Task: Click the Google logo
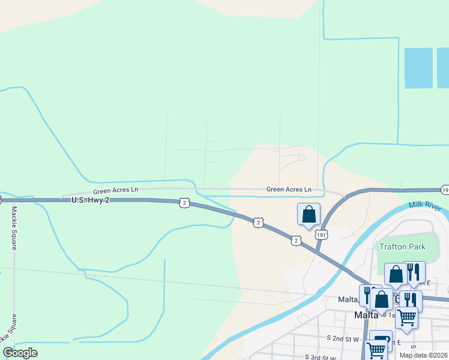click(x=20, y=353)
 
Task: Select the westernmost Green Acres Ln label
click(x=115, y=190)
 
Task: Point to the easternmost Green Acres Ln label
click(x=289, y=190)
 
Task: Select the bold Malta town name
click(x=366, y=315)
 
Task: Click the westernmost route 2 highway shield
click(x=184, y=203)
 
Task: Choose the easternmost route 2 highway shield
click(x=296, y=240)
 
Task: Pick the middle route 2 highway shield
click(x=258, y=222)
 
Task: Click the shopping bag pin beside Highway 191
click(x=309, y=214)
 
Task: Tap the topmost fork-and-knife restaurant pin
click(x=414, y=272)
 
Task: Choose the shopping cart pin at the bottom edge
click(x=376, y=350)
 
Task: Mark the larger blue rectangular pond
click(x=418, y=68)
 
